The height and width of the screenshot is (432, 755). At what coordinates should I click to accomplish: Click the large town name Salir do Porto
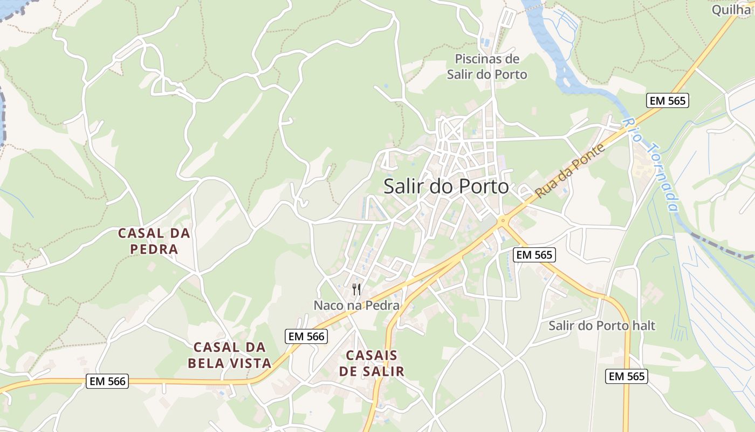click(x=446, y=187)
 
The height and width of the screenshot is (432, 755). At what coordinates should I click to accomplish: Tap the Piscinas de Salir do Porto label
click(x=487, y=66)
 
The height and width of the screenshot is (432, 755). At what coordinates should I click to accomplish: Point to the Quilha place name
click(x=731, y=10)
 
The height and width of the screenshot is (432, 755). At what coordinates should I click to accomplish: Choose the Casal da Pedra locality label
click(x=154, y=241)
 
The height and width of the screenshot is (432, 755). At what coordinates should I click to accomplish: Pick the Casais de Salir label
click(x=372, y=363)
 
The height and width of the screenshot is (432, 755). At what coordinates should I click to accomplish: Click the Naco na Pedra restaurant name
click(x=356, y=306)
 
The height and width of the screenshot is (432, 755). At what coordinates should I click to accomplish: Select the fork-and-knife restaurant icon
click(x=356, y=289)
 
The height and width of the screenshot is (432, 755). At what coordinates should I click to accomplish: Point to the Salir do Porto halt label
click(x=602, y=326)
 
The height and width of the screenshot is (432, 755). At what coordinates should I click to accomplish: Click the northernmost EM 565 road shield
click(x=668, y=100)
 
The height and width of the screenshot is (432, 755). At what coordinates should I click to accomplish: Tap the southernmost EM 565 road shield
click(x=626, y=376)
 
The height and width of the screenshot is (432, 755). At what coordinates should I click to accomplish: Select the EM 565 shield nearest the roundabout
click(x=534, y=255)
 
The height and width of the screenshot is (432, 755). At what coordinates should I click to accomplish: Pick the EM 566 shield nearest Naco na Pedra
click(x=306, y=336)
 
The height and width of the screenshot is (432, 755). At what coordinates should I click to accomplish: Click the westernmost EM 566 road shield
click(x=107, y=381)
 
